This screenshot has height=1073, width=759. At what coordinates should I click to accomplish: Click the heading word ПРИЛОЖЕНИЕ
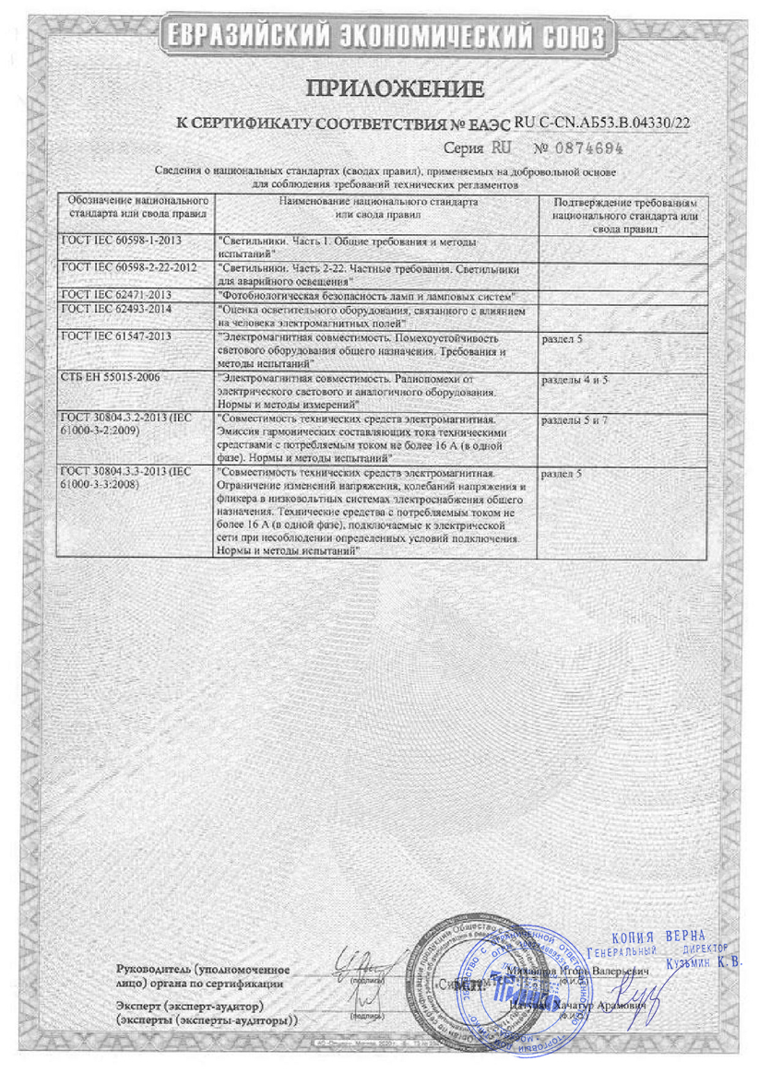[395, 88]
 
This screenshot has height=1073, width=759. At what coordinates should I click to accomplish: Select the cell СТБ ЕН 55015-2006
[110, 379]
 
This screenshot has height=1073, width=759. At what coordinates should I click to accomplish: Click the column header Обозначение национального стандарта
[133, 205]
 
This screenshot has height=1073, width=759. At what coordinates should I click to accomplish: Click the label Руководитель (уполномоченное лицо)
[204, 976]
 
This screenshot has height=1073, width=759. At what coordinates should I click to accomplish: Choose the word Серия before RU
[464, 147]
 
